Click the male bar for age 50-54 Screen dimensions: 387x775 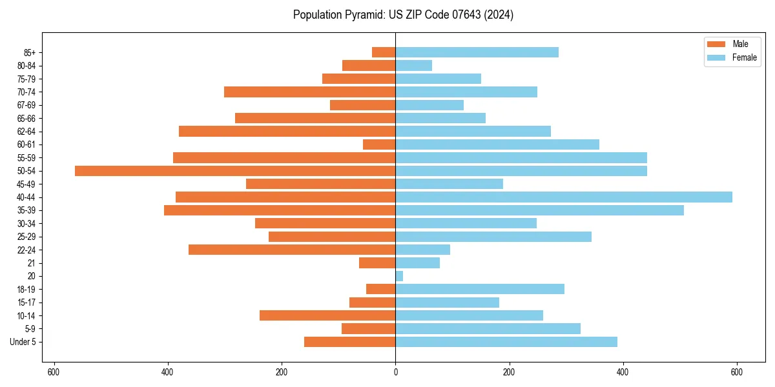pyautogui.click(x=235, y=171)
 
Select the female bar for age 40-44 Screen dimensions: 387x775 pyautogui.click(x=563, y=197)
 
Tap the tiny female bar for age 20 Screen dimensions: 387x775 pyautogui.click(x=399, y=276)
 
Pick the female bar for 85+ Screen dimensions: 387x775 pyautogui.click(x=477, y=52)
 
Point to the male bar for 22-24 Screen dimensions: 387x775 pyautogui.click(x=292, y=250)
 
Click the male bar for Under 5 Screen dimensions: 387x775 pyautogui.click(x=349, y=342)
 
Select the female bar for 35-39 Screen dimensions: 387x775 pyautogui.click(x=539, y=210)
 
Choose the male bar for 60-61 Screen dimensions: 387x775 pyautogui.click(x=379, y=144)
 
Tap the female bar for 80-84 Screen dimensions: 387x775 pyautogui.click(x=413, y=66)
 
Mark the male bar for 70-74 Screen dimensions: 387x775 pyautogui.click(x=309, y=92)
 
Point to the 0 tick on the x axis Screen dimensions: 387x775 pyautogui.click(x=395, y=372)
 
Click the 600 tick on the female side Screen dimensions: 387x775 pyautogui.click(x=736, y=372)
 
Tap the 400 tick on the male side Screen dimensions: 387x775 pyautogui.click(x=168, y=372)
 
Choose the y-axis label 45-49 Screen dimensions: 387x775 pyautogui.click(x=26, y=184)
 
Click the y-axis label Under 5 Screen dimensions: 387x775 pyautogui.click(x=23, y=342)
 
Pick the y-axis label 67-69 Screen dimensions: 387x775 pyautogui.click(x=26, y=105)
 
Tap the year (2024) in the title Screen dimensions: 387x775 pyautogui.click(x=501, y=15)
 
